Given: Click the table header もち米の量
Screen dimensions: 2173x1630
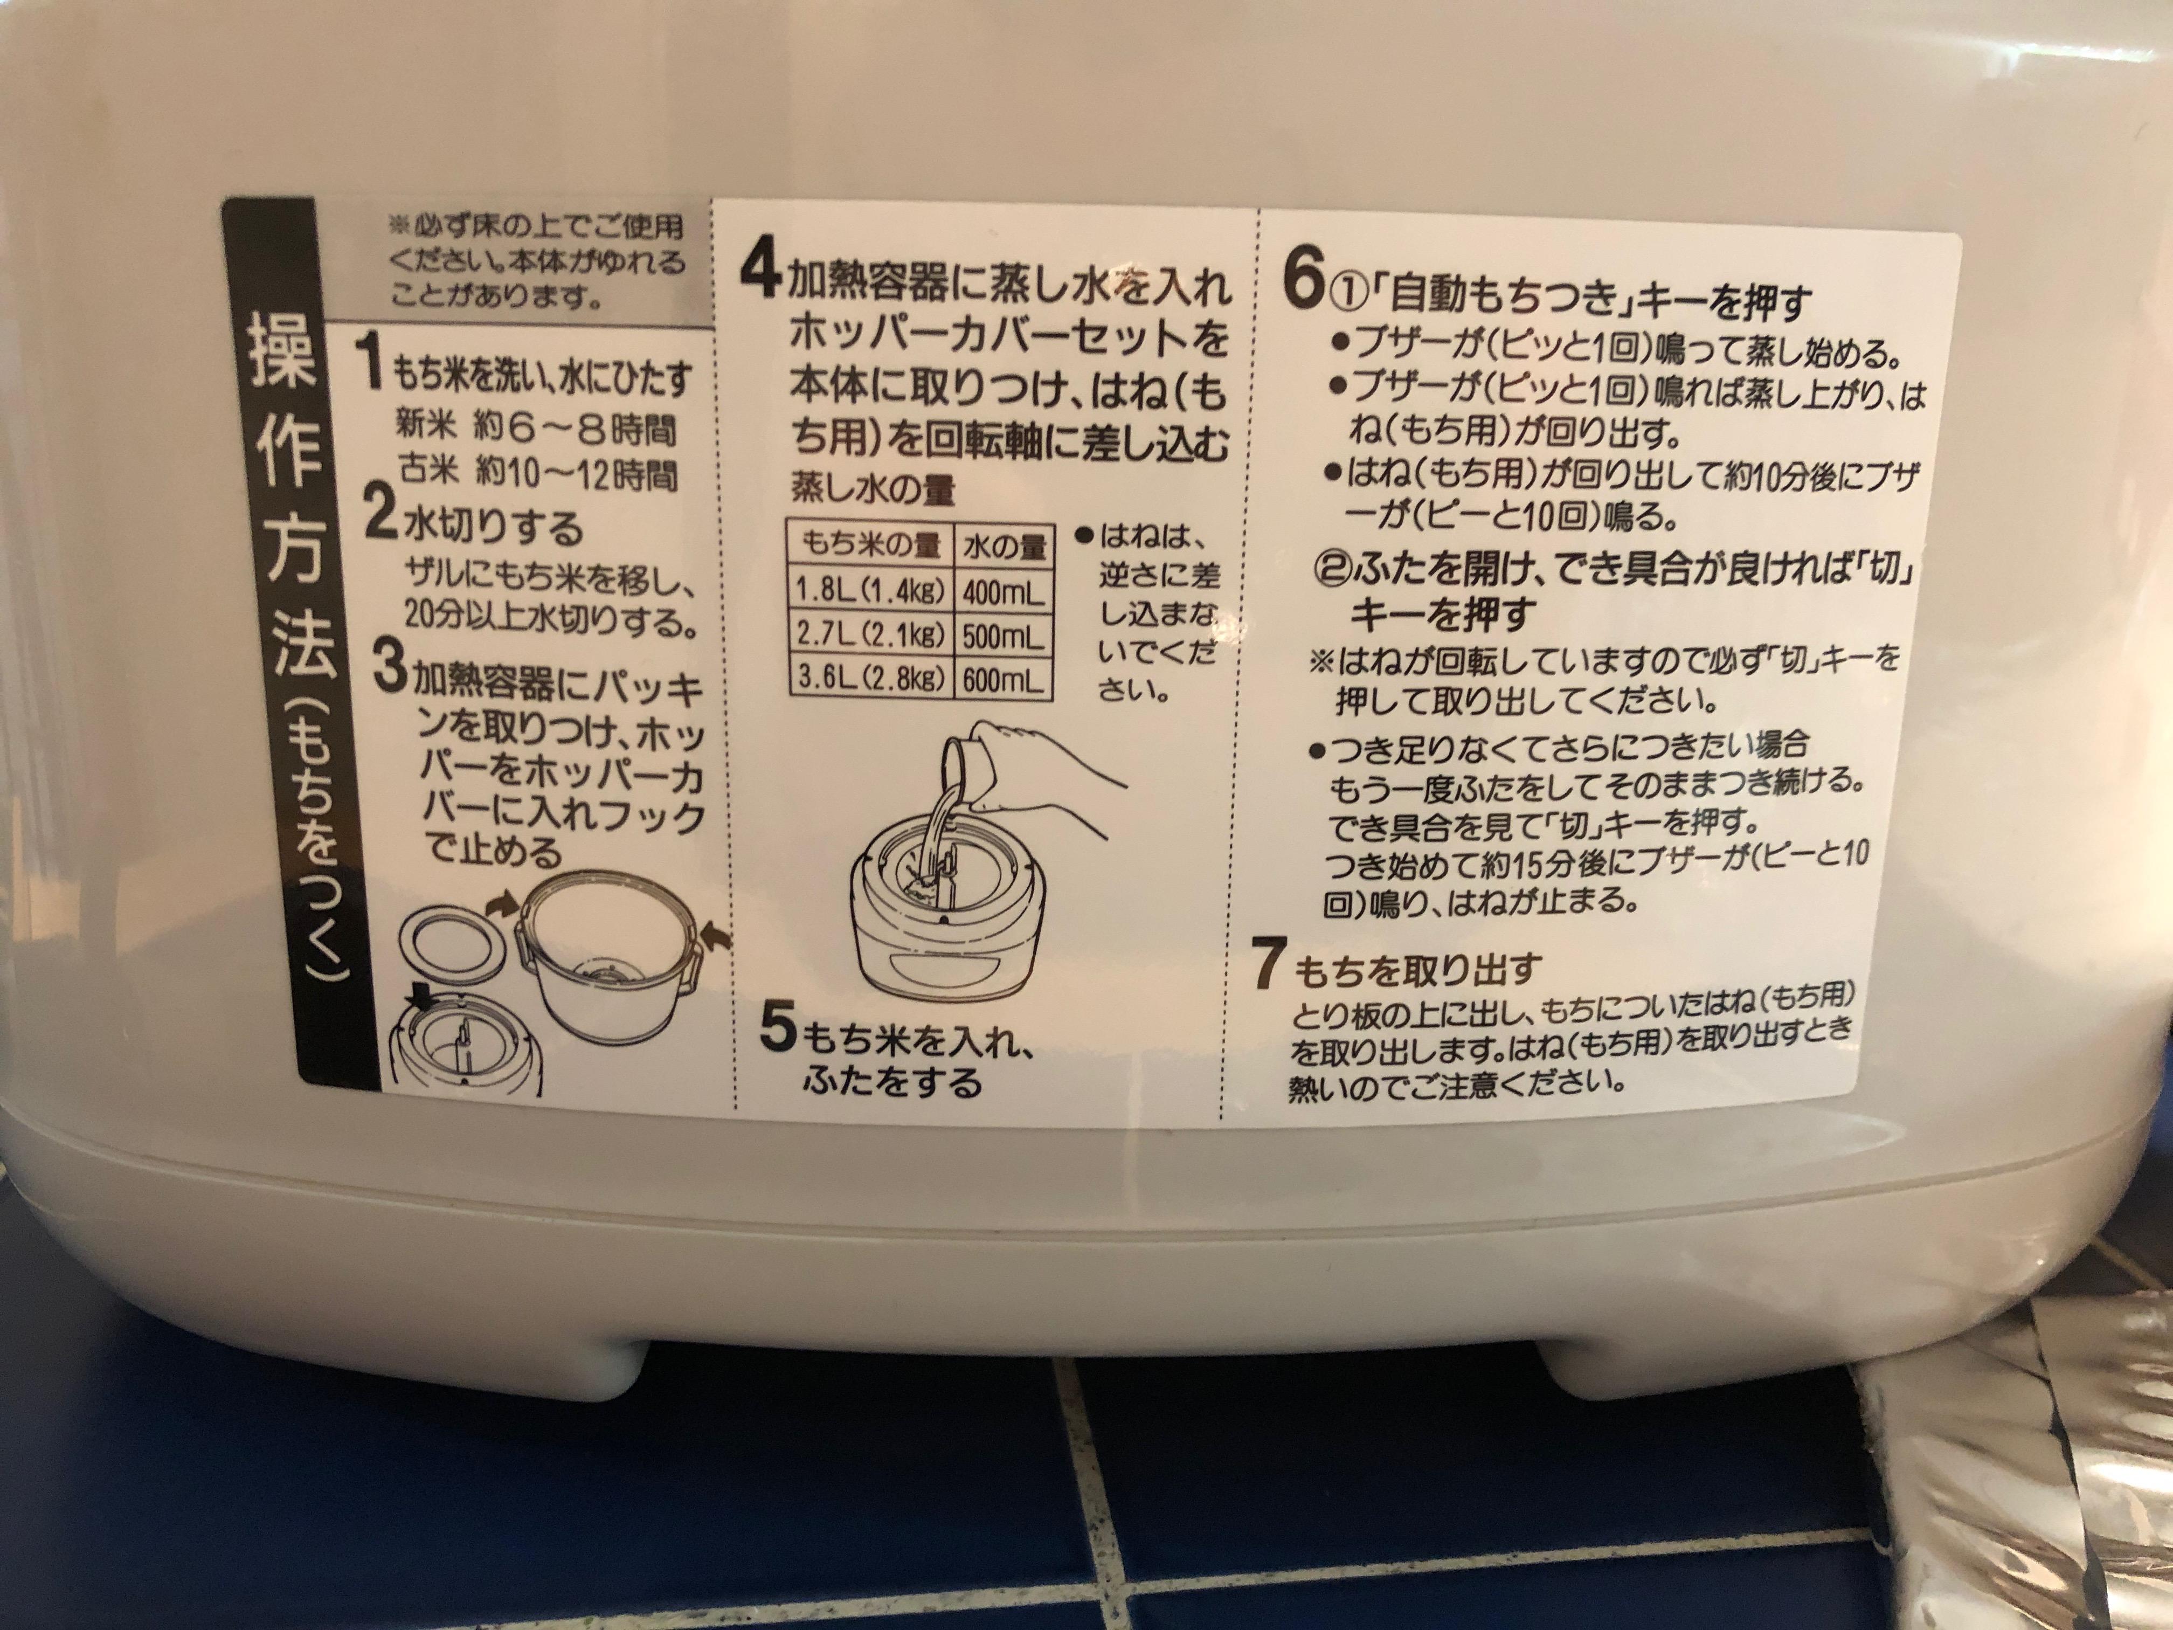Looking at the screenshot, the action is point(870,544).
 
